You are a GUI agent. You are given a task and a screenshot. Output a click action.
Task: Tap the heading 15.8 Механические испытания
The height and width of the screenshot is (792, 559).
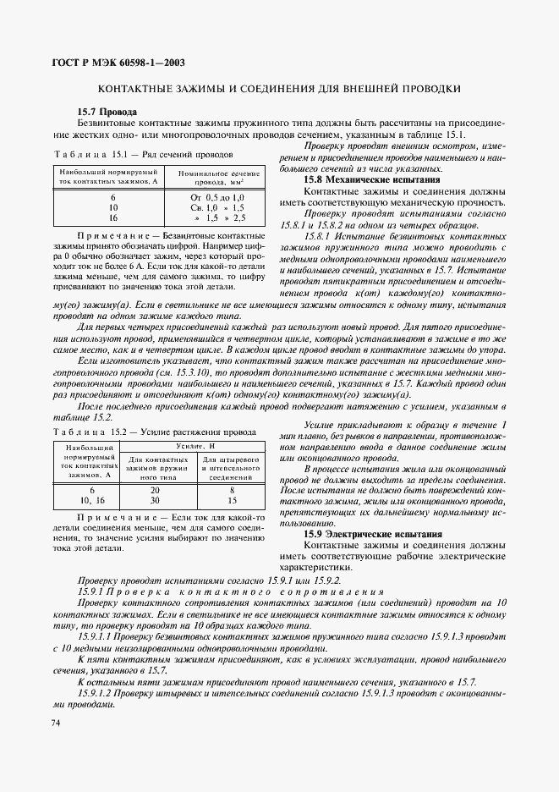tap(372, 180)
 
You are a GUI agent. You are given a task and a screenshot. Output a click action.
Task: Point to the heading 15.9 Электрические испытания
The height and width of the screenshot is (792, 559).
tap(373, 534)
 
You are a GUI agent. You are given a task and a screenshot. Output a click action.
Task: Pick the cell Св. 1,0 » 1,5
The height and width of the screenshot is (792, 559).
tap(218, 206)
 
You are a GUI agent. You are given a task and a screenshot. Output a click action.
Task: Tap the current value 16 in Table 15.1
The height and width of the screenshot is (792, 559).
tap(112, 217)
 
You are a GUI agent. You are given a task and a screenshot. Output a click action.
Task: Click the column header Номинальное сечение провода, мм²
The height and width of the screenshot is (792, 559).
tap(218, 177)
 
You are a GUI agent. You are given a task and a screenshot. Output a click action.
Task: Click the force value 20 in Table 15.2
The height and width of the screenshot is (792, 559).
tap(155, 490)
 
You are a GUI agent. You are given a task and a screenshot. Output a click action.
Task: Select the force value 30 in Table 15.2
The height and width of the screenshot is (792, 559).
tap(155, 500)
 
